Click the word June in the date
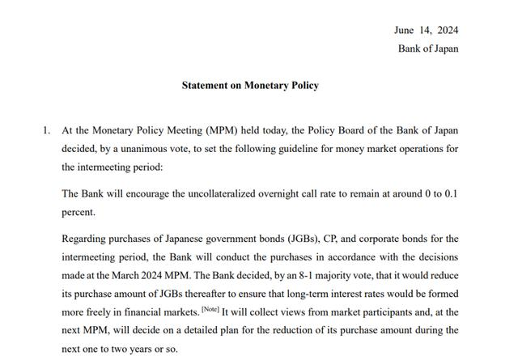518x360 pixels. click(x=404, y=30)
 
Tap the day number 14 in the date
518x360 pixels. click(x=427, y=30)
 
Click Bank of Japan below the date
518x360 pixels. click(x=428, y=49)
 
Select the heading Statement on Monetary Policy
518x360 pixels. click(x=250, y=85)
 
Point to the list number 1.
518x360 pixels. click(x=45, y=129)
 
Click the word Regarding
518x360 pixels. click(x=85, y=239)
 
